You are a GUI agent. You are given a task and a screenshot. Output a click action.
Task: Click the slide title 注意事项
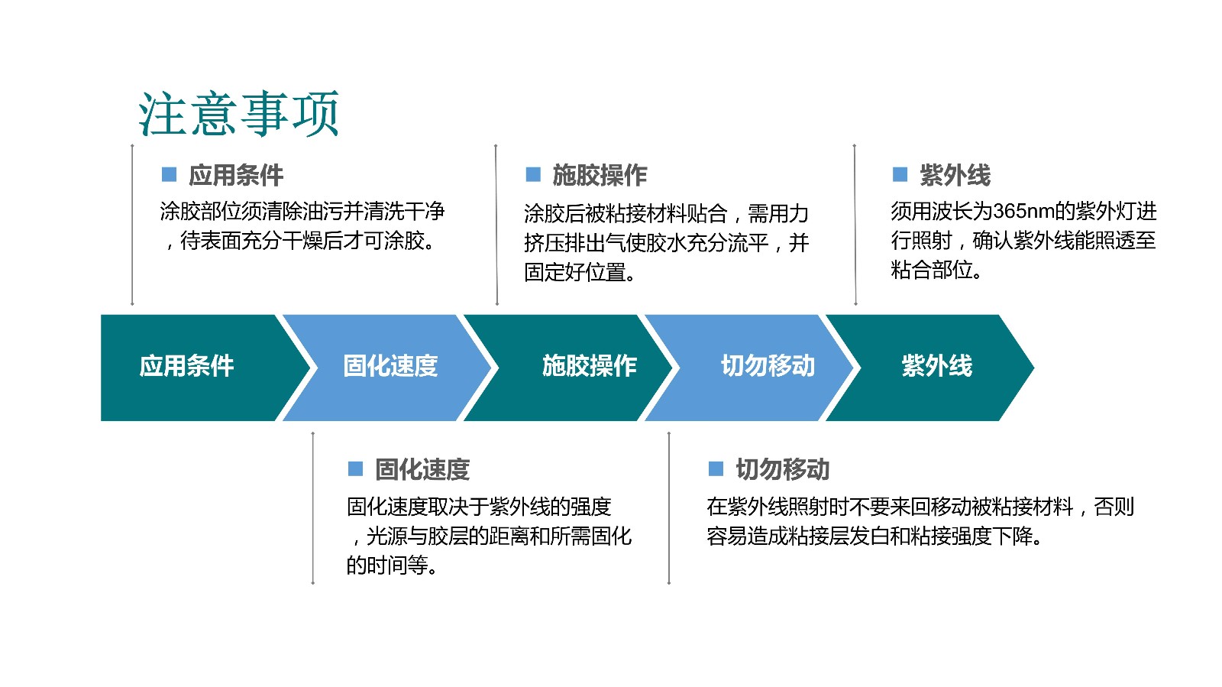[x=239, y=114]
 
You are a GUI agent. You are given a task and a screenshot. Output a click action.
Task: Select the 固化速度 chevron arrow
[x=387, y=368]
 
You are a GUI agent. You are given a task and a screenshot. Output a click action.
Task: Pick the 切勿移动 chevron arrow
[x=749, y=368]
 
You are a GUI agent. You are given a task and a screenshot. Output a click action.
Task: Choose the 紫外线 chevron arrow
[x=930, y=368]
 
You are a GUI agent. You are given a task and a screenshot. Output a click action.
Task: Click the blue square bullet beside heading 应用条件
[x=169, y=174]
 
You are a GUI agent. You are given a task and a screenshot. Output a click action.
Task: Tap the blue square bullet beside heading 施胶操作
[x=533, y=174]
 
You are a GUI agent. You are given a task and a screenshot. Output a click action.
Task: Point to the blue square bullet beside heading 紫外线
[x=900, y=174]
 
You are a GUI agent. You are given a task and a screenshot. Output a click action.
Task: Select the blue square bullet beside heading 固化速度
[x=356, y=468]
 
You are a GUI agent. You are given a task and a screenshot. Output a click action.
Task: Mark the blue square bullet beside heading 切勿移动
[x=716, y=468]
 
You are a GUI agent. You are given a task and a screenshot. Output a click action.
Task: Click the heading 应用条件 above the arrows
[x=236, y=175]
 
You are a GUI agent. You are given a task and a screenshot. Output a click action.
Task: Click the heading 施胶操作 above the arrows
[x=600, y=175]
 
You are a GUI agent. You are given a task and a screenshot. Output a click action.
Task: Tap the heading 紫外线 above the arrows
[x=955, y=175]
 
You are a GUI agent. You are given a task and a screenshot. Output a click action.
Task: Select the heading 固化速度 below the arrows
[x=422, y=469]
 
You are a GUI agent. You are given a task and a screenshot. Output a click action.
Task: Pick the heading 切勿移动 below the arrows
[x=782, y=469]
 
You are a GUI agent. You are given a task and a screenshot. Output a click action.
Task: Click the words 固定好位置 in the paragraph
[x=574, y=272]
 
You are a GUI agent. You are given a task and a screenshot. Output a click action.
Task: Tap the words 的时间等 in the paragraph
[x=386, y=565]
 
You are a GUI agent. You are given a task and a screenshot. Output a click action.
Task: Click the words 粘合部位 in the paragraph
[x=932, y=270]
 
